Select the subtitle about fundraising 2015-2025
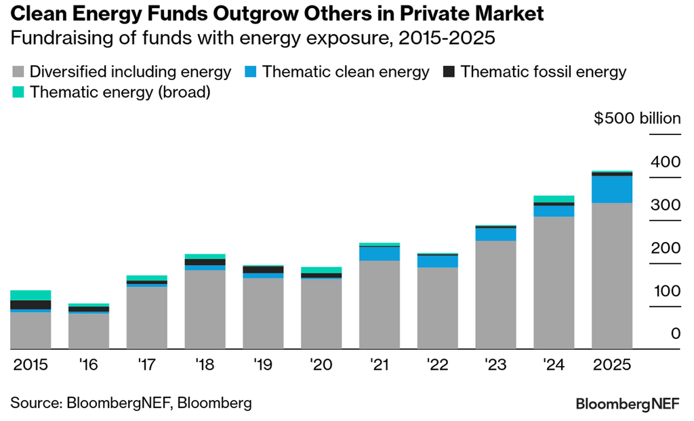pyautogui.click(x=253, y=38)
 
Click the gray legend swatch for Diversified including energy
pyautogui.click(x=19, y=72)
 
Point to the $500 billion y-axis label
pyautogui.click(x=637, y=119)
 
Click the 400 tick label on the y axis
pyautogui.click(x=665, y=162)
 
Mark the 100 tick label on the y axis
pyautogui.click(x=665, y=291)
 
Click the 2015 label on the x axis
pyautogui.click(x=30, y=365)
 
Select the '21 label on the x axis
pyautogui.click(x=380, y=365)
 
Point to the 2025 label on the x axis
pyautogui.click(x=612, y=365)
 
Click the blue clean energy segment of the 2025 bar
pyautogui.click(x=612, y=189)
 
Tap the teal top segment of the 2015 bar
pyautogui.click(x=30, y=295)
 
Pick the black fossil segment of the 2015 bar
pyautogui.click(x=30, y=304)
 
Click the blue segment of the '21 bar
pyautogui.click(x=380, y=253)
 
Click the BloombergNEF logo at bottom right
pyautogui.click(x=628, y=405)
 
